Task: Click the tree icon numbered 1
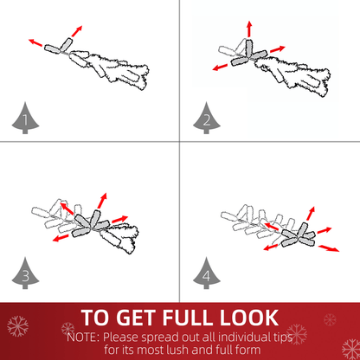pyautogui.click(x=25, y=119)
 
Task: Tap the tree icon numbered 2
pyautogui.click(x=207, y=119)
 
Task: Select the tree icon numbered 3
pyautogui.click(x=25, y=273)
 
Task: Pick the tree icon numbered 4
pyautogui.click(x=207, y=273)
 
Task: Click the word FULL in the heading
pyautogui.click(x=189, y=318)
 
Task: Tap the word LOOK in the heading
pyautogui.click(x=249, y=318)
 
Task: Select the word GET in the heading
pyautogui.click(x=137, y=318)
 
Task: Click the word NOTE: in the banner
pyautogui.click(x=84, y=337)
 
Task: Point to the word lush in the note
pyautogui.click(x=178, y=350)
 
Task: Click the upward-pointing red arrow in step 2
pyautogui.click(x=249, y=29)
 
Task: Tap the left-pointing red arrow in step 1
pyautogui.click(x=35, y=42)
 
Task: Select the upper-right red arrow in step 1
pyautogui.click(x=77, y=31)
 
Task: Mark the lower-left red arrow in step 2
pyautogui.click(x=220, y=67)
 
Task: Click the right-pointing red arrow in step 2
pyautogui.click(x=278, y=49)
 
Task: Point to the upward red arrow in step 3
pyautogui.click(x=102, y=201)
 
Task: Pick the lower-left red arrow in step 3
pyautogui.click(x=61, y=238)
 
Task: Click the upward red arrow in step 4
pyautogui.click(x=311, y=214)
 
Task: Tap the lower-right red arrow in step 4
pyautogui.click(x=329, y=248)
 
